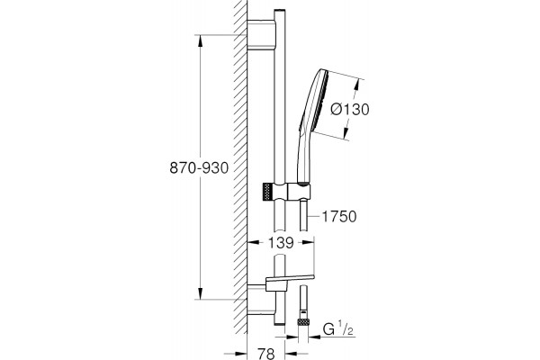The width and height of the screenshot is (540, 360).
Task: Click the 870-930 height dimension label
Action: [x=199, y=168]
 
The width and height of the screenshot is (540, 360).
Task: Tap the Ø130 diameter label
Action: [x=350, y=109]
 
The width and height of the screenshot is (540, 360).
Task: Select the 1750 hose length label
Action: [x=339, y=217]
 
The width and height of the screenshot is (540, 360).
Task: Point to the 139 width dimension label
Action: [x=281, y=243]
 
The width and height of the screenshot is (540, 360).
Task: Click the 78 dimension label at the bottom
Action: [x=265, y=354]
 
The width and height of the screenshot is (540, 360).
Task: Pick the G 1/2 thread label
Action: [x=338, y=330]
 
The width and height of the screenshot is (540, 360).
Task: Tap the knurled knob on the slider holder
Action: [x=267, y=192]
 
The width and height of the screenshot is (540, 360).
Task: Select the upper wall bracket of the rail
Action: [x=261, y=35]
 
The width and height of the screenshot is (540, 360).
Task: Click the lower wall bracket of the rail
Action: [x=261, y=300]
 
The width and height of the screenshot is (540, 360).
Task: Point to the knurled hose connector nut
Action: [x=303, y=322]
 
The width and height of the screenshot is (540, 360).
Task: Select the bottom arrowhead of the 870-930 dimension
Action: [x=201, y=293]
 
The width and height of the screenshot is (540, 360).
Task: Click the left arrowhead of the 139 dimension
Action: [x=254, y=242]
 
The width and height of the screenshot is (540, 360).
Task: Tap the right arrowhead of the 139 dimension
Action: [x=308, y=242]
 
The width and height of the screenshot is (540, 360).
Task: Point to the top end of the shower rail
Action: [x=280, y=11]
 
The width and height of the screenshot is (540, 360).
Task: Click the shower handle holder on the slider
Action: [x=300, y=192]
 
